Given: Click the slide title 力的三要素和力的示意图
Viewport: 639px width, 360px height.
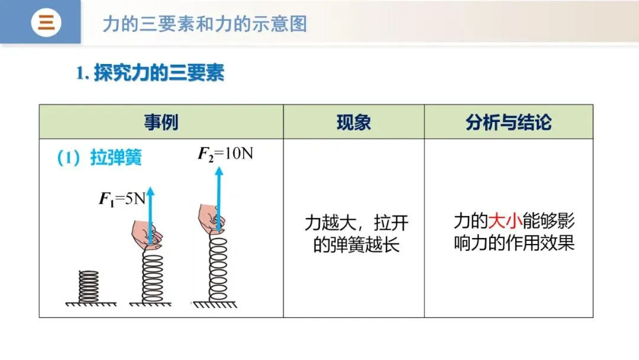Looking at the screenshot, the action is (x=204, y=24).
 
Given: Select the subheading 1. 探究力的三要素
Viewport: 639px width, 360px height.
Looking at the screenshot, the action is (x=150, y=73).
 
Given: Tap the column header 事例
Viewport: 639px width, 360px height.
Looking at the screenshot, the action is (x=161, y=122).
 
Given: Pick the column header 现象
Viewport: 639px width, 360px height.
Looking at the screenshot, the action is (x=354, y=122).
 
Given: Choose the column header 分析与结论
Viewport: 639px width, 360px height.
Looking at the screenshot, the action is (x=508, y=122).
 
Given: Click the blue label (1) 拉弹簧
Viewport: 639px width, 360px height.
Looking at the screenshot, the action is (x=99, y=157).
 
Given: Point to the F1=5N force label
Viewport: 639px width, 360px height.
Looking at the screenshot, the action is (x=122, y=198).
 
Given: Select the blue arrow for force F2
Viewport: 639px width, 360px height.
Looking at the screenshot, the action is (x=219, y=198).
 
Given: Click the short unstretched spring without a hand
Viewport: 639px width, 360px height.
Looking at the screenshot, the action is (x=89, y=286).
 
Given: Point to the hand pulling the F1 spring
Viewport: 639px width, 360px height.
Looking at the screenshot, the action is (x=146, y=233).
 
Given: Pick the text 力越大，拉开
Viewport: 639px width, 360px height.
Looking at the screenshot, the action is (x=356, y=223).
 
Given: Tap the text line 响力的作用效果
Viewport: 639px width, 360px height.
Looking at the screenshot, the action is (x=514, y=243).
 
